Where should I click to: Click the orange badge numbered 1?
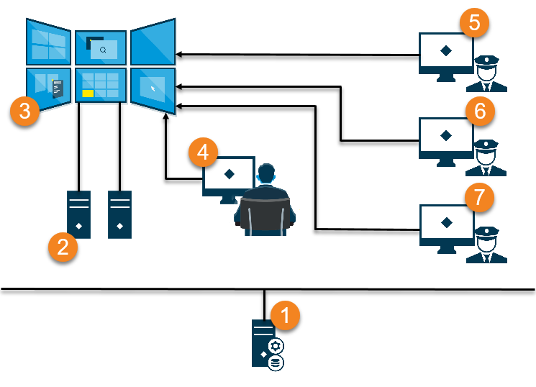click(286, 315)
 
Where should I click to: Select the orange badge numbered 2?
click(63, 247)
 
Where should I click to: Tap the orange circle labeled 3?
click(24, 111)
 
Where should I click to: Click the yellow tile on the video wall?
click(88, 94)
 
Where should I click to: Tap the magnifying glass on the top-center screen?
click(104, 50)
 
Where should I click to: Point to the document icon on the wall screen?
click(58, 88)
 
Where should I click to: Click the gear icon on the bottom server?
click(276, 346)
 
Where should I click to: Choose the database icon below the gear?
click(276, 363)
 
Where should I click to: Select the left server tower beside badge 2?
click(78, 214)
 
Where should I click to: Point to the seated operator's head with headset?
click(266, 174)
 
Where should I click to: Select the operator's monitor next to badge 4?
click(227, 174)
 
